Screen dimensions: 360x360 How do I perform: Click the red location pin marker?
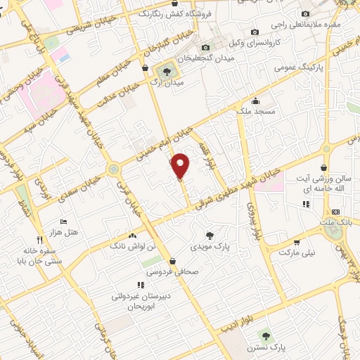(181, 165)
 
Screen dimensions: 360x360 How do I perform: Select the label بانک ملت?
(335, 222)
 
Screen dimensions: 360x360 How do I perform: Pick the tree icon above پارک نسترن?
(265, 335)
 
